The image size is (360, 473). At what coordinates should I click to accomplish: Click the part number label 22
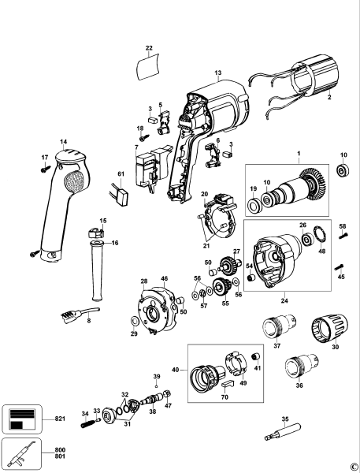(x=149, y=49)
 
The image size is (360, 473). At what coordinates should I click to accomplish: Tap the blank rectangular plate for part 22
(x=149, y=68)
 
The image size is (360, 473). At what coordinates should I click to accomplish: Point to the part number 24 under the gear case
(x=284, y=300)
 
